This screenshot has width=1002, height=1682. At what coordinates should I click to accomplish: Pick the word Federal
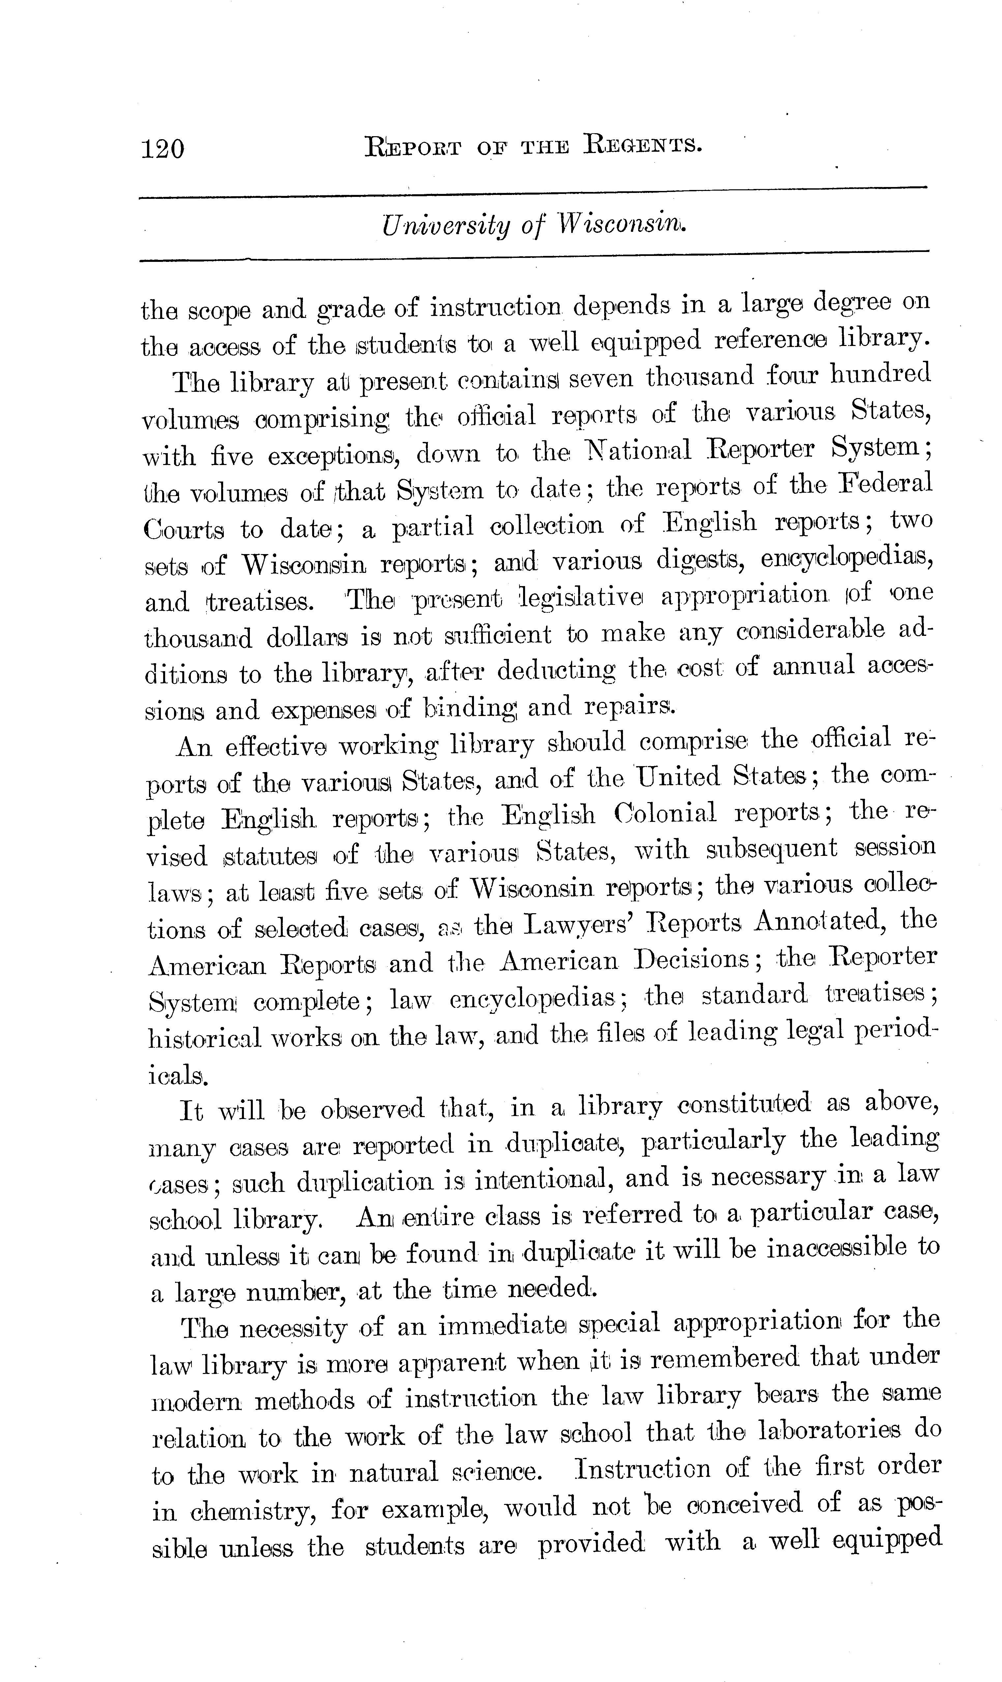pyautogui.click(x=885, y=484)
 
